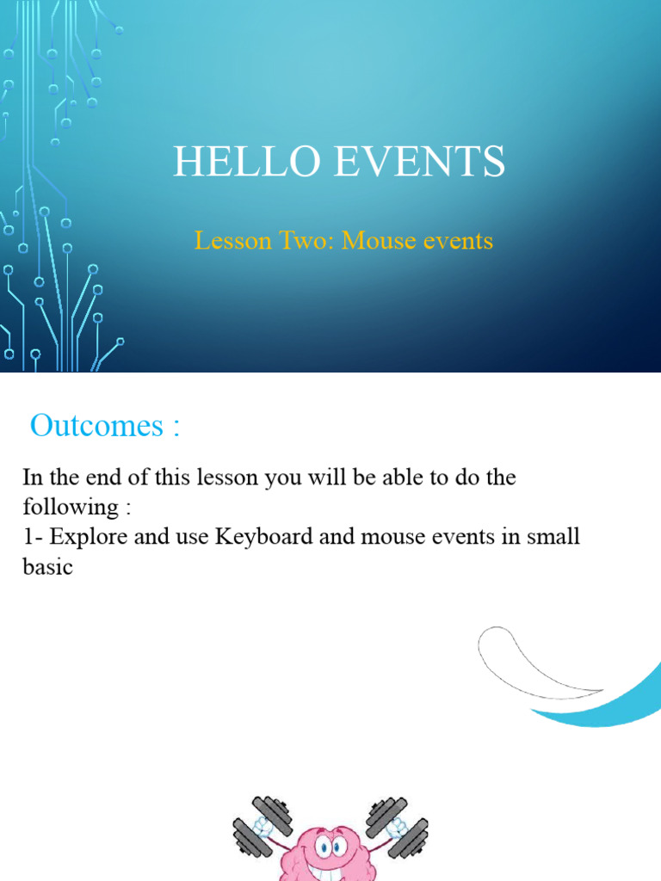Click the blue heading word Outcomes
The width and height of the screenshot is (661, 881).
click(96, 425)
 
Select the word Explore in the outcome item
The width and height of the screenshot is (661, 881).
click(87, 538)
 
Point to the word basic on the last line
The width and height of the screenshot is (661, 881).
click(47, 568)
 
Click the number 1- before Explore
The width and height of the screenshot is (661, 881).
click(33, 538)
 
